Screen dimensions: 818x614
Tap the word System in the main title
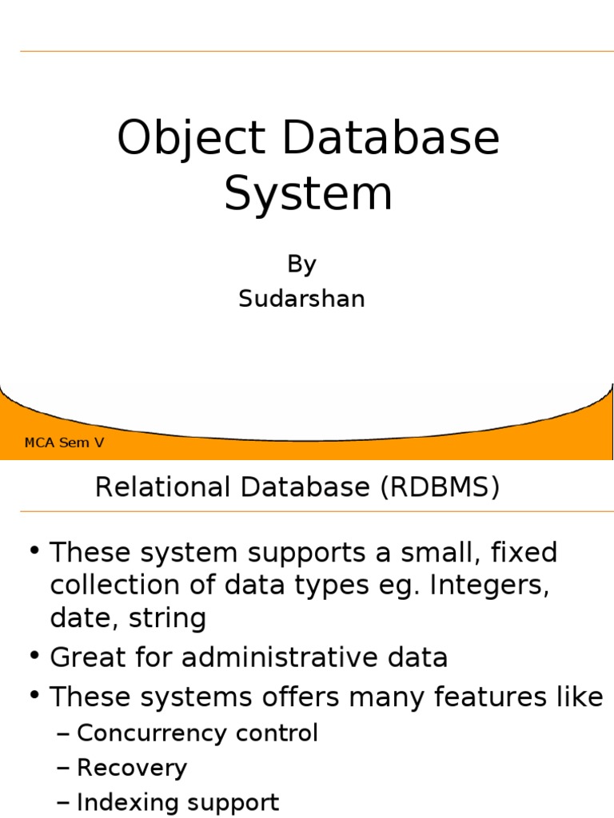coord(308,193)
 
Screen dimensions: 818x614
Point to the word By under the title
coord(301,264)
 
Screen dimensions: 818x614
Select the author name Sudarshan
coord(301,299)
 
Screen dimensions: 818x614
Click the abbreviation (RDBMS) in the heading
coord(437,487)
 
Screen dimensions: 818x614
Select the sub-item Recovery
coord(132,768)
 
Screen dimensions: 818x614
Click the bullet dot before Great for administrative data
coord(34,657)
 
